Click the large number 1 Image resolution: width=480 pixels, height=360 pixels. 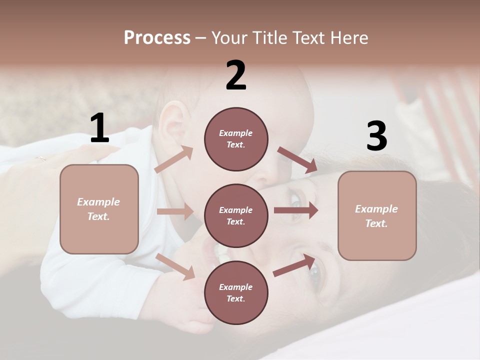pyautogui.click(x=99, y=128)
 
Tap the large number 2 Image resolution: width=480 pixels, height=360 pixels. pyautogui.click(x=236, y=75)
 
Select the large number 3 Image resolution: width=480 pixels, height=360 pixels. pyautogui.click(x=376, y=136)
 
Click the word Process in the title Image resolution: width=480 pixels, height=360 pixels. pyautogui.click(x=157, y=37)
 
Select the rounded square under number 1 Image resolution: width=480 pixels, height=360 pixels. pyautogui.click(x=99, y=209)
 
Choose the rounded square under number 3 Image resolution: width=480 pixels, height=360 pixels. pyautogui.click(x=377, y=216)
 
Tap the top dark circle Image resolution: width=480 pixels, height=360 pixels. pyautogui.click(x=236, y=139)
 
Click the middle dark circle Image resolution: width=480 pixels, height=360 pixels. pyautogui.click(x=236, y=215)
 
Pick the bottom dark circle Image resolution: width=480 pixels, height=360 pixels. pyautogui.click(x=236, y=292)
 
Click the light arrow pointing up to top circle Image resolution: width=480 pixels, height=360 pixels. pyautogui.click(x=174, y=159)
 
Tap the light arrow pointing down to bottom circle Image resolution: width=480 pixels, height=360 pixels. pyautogui.click(x=175, y=266)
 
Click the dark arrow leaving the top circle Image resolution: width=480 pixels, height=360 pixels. pyautogui.click(x=297, y=160)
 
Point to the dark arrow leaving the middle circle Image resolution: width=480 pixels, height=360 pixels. pyautogui.click(x=295, y=210)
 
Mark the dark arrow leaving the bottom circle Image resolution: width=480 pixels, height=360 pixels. pyautogui.click(x=294, y=265)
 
